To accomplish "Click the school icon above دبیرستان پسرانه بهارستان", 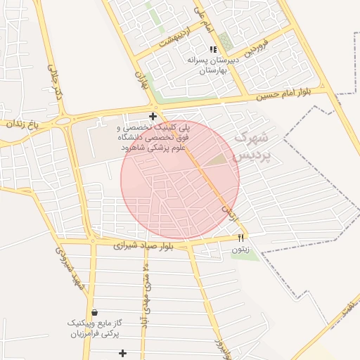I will click(213, 49).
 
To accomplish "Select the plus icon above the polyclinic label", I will click(153, 116).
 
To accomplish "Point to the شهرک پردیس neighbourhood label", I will click(250, 145).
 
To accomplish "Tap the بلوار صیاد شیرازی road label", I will click(146, 247).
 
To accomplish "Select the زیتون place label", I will click(240, 249).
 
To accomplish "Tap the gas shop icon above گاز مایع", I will click(94, 312).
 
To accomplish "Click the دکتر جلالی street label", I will click(56, 82).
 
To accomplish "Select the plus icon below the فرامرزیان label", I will click(123, 353).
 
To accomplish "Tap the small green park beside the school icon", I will click(225, 41).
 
